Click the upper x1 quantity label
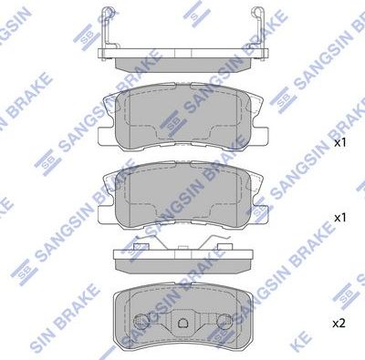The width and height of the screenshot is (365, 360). click(x=339, y=144)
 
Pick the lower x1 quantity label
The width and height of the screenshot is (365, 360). click(x=339, y=219)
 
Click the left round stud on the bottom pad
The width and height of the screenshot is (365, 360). click(x=141, y=324)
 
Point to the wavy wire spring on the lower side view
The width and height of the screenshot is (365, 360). click(x=219, y=242)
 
